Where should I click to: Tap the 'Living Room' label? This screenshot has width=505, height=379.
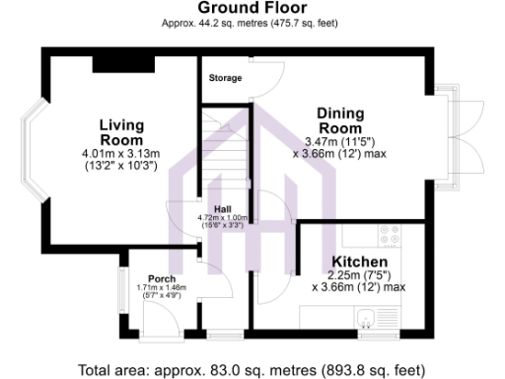coord(121,132)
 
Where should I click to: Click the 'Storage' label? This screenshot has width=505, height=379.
coord(224,78)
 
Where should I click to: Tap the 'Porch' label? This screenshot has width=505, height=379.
coord(161,278)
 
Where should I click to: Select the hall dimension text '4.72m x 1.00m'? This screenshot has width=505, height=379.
coord(221,217)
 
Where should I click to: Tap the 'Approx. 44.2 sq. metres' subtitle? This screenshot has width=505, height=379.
coord(252,25)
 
